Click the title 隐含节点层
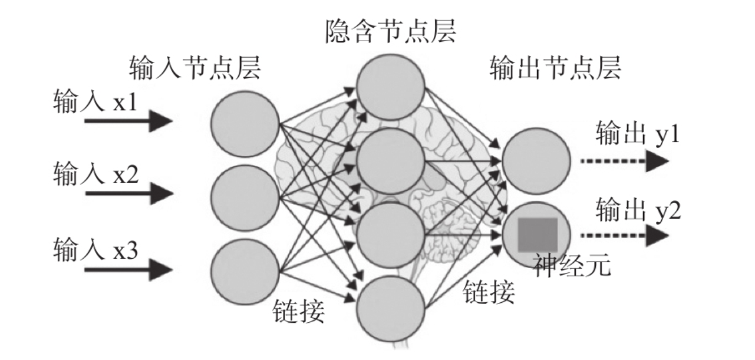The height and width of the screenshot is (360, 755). click(x=390, y=31)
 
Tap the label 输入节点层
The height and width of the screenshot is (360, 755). click(x=195, y=67)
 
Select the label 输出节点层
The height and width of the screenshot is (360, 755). click(x=555, y=67)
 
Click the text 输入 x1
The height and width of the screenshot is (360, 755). click(x=95, y=101)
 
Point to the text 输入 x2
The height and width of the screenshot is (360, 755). click(x=95, y=173)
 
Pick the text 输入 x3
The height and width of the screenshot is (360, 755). click(x=95, y=249)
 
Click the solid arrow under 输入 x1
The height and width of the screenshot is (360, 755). click(x=128, y=121)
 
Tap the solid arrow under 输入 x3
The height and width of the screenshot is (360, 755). click(x=128, y=270)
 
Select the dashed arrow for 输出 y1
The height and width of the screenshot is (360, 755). click(x=625, y=161)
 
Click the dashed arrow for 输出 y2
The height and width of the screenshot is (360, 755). click(x=625, y=235)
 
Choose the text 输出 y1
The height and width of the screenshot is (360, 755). click(x=637, y=133)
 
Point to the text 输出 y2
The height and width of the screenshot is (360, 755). click(x=638, y=209)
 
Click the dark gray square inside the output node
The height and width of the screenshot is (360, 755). click(x=538, y=235)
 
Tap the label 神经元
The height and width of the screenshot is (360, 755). click(x=572, y=265)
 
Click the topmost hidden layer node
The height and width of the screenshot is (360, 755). click(x=390, y=87)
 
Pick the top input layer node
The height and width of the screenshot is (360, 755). click(x=245, y=124)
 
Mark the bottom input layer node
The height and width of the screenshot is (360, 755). click(x=245, y=272)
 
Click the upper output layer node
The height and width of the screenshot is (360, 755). click(x=536, y=161)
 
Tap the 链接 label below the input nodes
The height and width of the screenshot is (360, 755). click(x=299, y=311)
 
